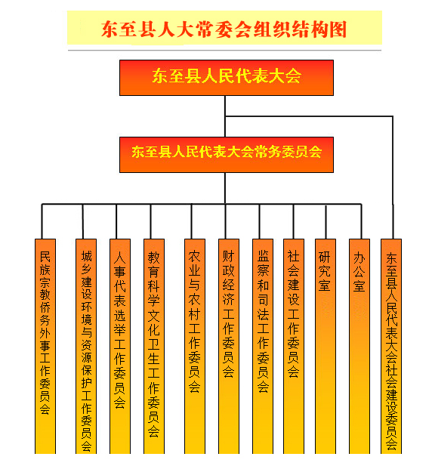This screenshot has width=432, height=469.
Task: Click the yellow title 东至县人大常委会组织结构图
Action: pos(224,29)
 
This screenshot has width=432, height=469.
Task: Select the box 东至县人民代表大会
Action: pos(227,78)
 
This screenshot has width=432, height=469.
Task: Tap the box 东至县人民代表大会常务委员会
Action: pos(227,155)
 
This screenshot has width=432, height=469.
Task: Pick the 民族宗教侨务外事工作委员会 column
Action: pos(45,346)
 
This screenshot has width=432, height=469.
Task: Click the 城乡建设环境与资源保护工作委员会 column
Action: pos(86,346)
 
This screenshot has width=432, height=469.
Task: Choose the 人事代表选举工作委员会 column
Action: pos(120,346)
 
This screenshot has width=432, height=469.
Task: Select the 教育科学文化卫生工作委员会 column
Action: pos(154,346)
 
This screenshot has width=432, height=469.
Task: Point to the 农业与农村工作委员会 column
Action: pos(195,346)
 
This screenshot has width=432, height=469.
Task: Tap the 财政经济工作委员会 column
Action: pos(229,346)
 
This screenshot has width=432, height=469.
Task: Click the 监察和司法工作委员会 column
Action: pos(263,346)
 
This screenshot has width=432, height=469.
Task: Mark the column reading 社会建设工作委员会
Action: pos(294,346)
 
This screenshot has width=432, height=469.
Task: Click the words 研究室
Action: pos(325,271)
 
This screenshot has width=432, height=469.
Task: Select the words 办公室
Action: pos(359,272)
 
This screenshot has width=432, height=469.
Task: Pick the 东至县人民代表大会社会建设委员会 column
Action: pos(391,346)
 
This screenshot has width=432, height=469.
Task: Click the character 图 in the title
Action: pos(338,29)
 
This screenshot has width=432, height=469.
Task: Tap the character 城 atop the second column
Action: pos(86,257)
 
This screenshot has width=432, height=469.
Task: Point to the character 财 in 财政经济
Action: pos(229,257)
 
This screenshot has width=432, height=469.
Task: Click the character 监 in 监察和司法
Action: pos(264,257)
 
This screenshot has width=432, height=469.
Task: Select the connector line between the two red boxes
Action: pos(225,116)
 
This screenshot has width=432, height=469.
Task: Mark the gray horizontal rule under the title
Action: pos(224,51)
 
